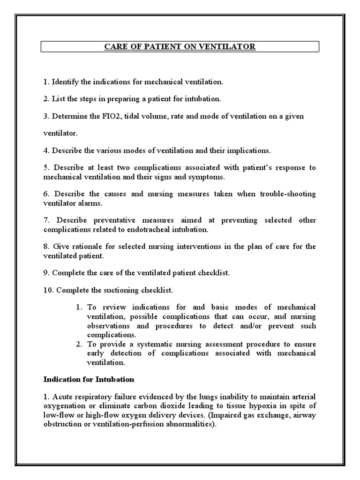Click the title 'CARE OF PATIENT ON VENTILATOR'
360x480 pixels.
click(180, 47)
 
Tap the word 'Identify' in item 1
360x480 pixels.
click(65, 82)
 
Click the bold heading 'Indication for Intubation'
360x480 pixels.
click(89, 379)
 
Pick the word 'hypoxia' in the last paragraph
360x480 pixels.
click(274, 405)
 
